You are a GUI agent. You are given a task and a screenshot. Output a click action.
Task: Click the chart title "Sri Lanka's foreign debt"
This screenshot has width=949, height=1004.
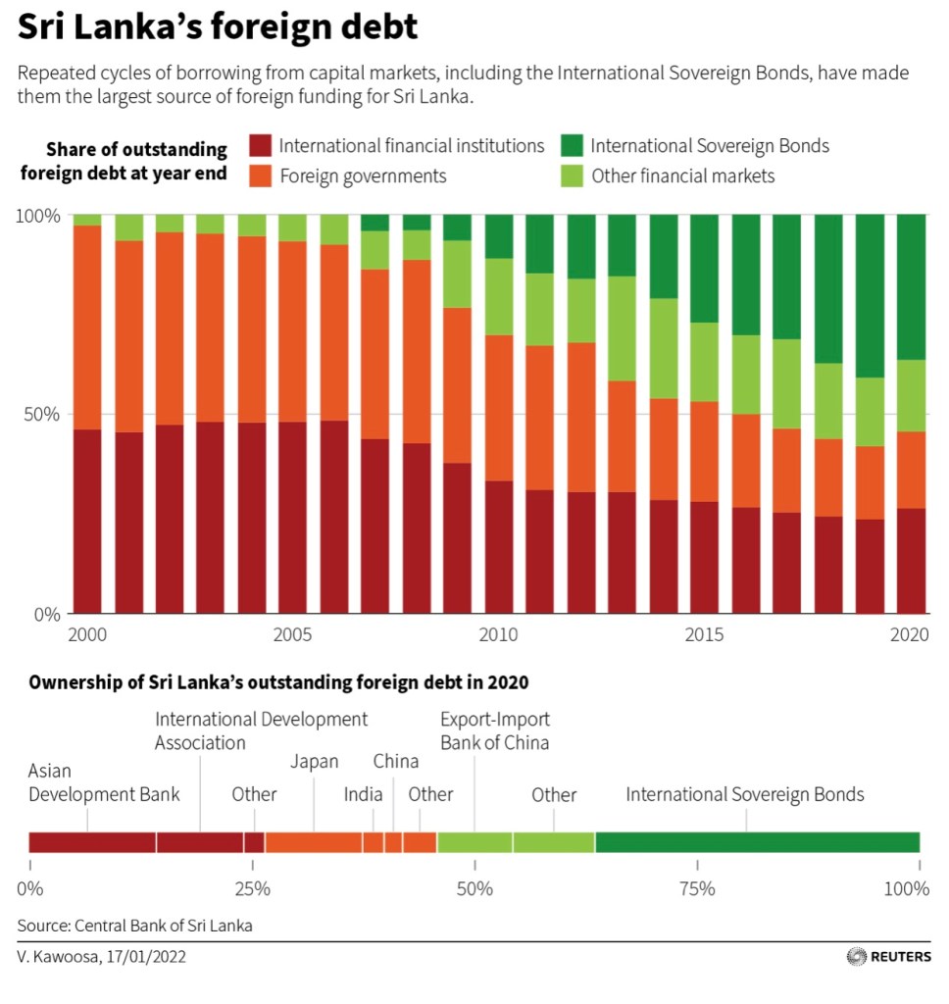(218, 27)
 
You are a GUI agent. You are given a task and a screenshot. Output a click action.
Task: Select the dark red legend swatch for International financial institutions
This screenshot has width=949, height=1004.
(261, 146)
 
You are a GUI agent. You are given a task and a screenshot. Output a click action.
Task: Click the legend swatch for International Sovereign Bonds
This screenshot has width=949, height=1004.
(573, 146)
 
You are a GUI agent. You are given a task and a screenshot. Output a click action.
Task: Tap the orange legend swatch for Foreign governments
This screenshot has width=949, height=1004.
(261, 176)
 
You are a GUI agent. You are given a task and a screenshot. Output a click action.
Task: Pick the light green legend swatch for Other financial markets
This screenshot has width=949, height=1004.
(573, 176)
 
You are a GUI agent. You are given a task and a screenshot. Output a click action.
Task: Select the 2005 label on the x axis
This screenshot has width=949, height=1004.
(293, 635)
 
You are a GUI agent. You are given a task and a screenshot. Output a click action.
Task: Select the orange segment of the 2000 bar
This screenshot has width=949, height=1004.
(87, 327)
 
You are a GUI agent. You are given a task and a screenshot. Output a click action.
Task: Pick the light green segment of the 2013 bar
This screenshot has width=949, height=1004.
(624, 328)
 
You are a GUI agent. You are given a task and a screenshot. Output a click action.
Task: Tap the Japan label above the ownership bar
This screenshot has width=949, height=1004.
(314, 762)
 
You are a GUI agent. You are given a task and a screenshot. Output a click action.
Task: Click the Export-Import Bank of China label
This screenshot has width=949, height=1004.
(494, 730)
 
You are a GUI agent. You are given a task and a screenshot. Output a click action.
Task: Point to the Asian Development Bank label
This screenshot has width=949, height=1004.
(103, 782)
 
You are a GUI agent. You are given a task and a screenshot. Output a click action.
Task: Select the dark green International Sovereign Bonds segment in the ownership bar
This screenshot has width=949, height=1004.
(757, 842)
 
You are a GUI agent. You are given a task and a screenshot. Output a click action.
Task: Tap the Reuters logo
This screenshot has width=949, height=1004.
(889, 956)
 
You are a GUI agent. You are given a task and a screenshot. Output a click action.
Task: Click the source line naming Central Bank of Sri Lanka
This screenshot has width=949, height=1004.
(134, 925)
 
